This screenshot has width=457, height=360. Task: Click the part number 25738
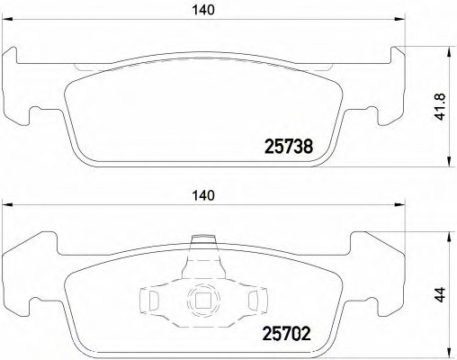(289, 147)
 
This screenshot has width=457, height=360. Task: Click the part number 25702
(286, 334)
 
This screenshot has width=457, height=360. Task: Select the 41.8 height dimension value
(441, 107)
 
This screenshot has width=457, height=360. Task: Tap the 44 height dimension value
(440, 294)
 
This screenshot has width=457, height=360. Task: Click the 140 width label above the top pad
(203, 10)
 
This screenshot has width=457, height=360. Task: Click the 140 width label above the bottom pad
(203, 195)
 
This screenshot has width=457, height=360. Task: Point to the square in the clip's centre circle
(203, 300)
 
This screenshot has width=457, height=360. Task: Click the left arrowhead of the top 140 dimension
(8, 20)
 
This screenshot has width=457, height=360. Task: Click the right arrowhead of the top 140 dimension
(399, 20)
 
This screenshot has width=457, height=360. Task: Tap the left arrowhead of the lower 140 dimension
(8, 205)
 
